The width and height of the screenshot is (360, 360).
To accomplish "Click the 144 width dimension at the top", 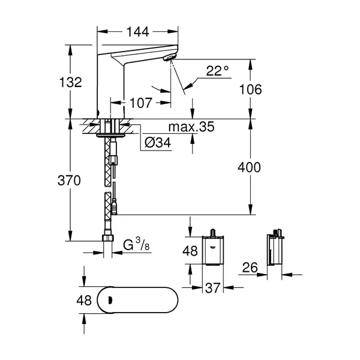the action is [x=138, y=32].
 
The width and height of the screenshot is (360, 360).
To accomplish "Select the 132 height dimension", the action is [x=70, y=82].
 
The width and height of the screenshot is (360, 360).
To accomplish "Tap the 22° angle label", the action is [x=217, y=71].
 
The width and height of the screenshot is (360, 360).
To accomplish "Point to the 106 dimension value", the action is [x=250, y=89].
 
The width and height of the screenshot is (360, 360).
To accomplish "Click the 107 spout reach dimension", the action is [x=141, y=103].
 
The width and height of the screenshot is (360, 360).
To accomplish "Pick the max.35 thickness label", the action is [x=191, y=127].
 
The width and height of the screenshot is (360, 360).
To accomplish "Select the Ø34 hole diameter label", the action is [x=158, y=143].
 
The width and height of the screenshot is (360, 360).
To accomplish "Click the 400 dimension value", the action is [x=249, y=167].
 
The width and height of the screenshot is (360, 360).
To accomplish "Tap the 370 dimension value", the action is [x=69, y=180].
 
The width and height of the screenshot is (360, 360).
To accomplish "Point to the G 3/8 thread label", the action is [x=136, y=244].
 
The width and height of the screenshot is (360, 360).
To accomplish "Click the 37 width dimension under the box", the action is [x=212, y=288].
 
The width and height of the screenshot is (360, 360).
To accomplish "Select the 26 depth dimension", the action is [x=250, y=268].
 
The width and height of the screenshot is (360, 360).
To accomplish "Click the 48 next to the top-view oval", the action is [x=84, y=301].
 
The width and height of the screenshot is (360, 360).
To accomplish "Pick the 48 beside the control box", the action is [x=190, y=251].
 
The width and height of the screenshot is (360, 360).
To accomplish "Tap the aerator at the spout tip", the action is [x=169, y=58].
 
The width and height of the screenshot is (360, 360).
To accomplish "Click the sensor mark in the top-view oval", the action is [x=110, y=299].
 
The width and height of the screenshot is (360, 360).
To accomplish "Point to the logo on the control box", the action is [x=212, y=247].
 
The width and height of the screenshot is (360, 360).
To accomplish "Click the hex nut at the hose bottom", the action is [x=107, y=238].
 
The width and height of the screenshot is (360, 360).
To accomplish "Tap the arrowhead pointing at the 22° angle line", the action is [x=188, y=86].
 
